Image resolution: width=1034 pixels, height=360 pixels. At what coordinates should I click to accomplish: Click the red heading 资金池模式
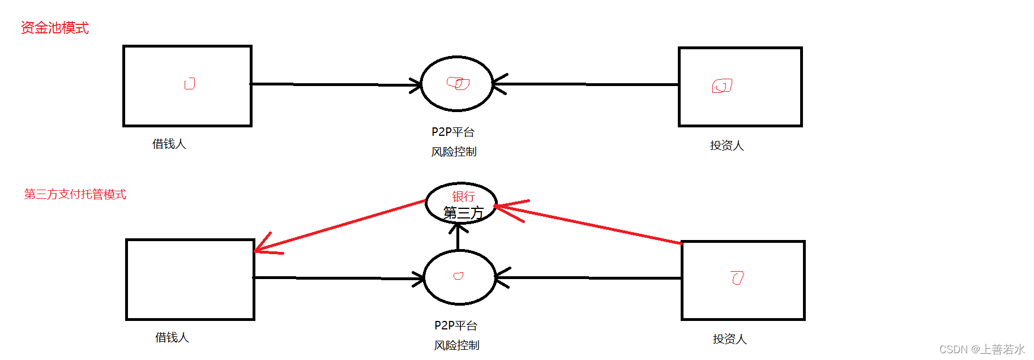pyautogui.click(x=54, y=28)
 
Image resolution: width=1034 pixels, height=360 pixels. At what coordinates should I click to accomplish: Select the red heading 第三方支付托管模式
pyautogui.click(x=75, y=194)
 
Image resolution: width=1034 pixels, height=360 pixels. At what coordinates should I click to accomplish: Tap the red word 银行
pyautogui.click(x=463, y=196)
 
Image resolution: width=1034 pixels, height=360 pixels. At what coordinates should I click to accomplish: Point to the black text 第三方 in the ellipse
pyautogui.click(x=463, y=213)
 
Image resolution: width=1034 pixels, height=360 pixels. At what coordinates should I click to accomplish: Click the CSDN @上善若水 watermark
pyautogui.click(x=982, y=349)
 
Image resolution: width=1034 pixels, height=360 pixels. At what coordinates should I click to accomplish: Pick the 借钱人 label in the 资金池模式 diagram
pyautogui.click(x=169, y=144)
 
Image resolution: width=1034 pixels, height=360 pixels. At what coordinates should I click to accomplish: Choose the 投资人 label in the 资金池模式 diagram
pyautogui.click(x=727, y=145)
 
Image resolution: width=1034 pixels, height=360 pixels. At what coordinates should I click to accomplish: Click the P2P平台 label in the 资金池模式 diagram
pyautogui.click(x=453, y=132)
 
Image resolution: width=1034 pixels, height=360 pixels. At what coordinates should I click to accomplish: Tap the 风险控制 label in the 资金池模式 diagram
pyautogui.click(x=454, y=152)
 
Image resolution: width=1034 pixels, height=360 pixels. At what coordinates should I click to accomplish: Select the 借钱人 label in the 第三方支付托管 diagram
pyautogui.click(x=172, y=337)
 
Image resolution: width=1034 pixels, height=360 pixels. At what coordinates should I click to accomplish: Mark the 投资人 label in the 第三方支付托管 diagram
pyautogui.click(x=729, y=339)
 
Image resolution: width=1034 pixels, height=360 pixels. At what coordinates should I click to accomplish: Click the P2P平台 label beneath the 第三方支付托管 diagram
pyautogui.click(x=456, y=325)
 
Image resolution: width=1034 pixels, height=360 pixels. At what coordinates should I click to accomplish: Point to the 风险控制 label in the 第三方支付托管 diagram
pyautogui.click(x=456, y=345)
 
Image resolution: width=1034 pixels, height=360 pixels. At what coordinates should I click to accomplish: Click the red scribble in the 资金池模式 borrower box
pyautogui.click(x=190, y=84)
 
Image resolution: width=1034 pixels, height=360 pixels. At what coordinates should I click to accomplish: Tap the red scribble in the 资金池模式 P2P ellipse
pyautogui.click(x=458, y=84)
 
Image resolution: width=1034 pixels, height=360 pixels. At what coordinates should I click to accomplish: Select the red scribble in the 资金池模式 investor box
pyautogui.click(x=722, y=86)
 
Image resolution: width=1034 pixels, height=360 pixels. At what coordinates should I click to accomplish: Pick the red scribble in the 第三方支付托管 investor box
pyautogui.click(x=737, y=278)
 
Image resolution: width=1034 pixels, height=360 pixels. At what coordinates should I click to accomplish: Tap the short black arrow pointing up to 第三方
pyautogui.click(x=458, y=237)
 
